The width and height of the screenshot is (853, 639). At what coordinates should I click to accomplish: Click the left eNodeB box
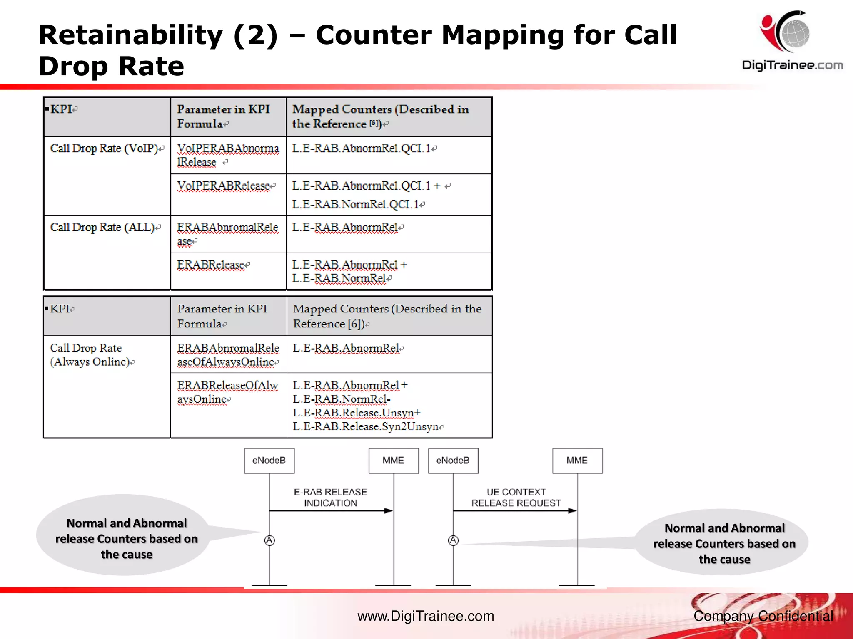coord(269,461)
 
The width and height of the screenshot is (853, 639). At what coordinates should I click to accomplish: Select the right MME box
coord(577,461)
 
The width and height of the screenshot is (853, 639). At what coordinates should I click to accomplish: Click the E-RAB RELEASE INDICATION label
coord(330,498)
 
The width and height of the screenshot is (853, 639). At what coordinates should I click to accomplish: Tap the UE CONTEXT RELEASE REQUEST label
coord(516,498)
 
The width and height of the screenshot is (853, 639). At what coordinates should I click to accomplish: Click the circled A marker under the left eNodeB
coord(269,540)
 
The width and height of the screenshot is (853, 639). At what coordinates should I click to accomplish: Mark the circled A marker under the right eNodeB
coord(453,540)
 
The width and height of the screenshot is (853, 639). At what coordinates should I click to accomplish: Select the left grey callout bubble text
coord(127,539)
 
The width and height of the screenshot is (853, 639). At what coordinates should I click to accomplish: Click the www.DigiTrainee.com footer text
coord(426,616)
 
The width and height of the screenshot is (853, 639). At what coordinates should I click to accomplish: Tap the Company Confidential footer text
coord(763,616)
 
